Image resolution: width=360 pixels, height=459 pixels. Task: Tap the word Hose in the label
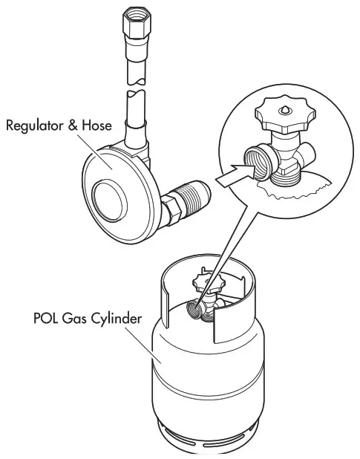tap(97, 126)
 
